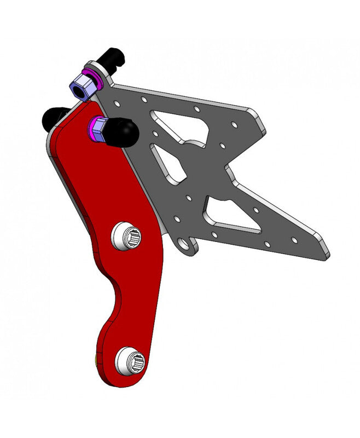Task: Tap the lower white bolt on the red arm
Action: click(x=130, y=361)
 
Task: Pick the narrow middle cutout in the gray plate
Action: click(x=167, y=163)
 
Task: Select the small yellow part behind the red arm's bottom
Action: click(x=97, y=360)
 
